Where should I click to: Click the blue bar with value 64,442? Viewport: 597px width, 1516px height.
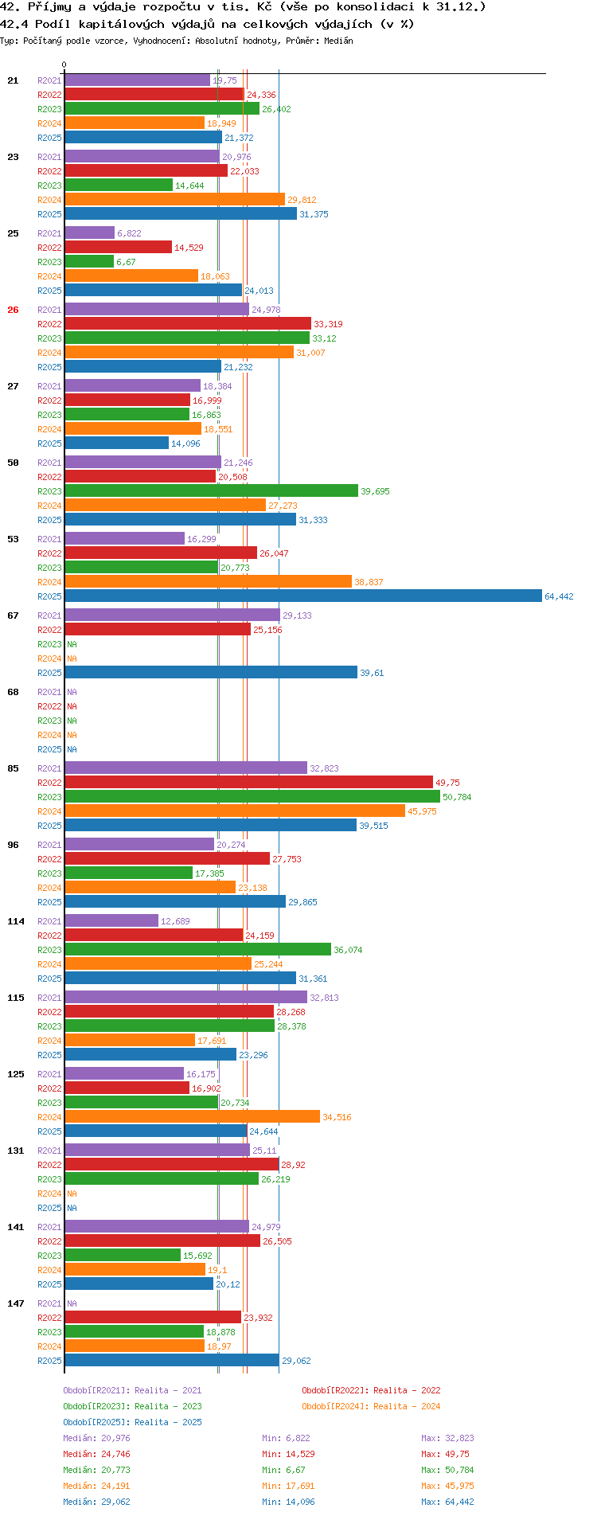[302, 596]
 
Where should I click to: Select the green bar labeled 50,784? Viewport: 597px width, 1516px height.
[252, 797]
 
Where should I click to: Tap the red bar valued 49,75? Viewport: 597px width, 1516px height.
[248, 783]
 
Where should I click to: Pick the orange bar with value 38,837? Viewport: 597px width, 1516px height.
[208, 582]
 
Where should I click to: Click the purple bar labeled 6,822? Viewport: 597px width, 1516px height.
[89, 233]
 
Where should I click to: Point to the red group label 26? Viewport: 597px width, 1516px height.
[13, 310]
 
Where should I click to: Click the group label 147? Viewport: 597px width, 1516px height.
[16, 1303]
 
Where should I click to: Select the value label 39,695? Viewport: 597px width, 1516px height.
[375, 491]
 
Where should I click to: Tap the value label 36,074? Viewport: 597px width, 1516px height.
[348, 950]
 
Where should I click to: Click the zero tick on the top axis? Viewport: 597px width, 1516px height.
[64, 65]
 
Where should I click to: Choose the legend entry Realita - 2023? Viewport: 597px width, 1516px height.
[132, 1406]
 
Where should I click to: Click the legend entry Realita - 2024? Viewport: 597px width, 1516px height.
[371, 1406]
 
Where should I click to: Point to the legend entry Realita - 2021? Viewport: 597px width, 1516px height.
[132, 1390]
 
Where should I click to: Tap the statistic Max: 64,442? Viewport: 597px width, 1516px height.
[447, 1502]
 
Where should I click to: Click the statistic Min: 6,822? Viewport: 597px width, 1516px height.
[286, 1438]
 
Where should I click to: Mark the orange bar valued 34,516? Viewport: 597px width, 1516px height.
[192, 1117]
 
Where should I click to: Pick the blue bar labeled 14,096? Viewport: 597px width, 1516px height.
[116, 443]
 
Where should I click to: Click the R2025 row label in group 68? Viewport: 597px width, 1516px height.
[49, 749]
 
